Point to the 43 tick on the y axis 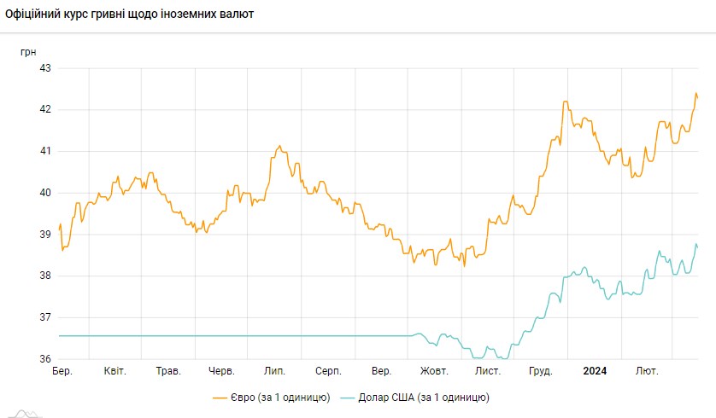tap(45, 68)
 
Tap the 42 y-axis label tap(45, 110)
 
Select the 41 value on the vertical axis tap(45, 151)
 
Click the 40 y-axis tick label tap(45, 193)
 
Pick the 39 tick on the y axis tap(45, 235)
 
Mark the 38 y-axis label tap(45, 276)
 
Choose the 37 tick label tap(45, 317)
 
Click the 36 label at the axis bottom tap(45, 359)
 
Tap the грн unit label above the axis tap(28, 52)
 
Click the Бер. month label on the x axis tap(62, 372)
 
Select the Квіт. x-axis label tap(115, 372)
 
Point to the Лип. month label tap(275, 372)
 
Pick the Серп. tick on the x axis tap(328, 372)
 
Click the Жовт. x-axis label tap(434, 372)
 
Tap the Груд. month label tap(541, 372)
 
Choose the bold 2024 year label tap(595, 372)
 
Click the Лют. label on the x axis tap(647, 372)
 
